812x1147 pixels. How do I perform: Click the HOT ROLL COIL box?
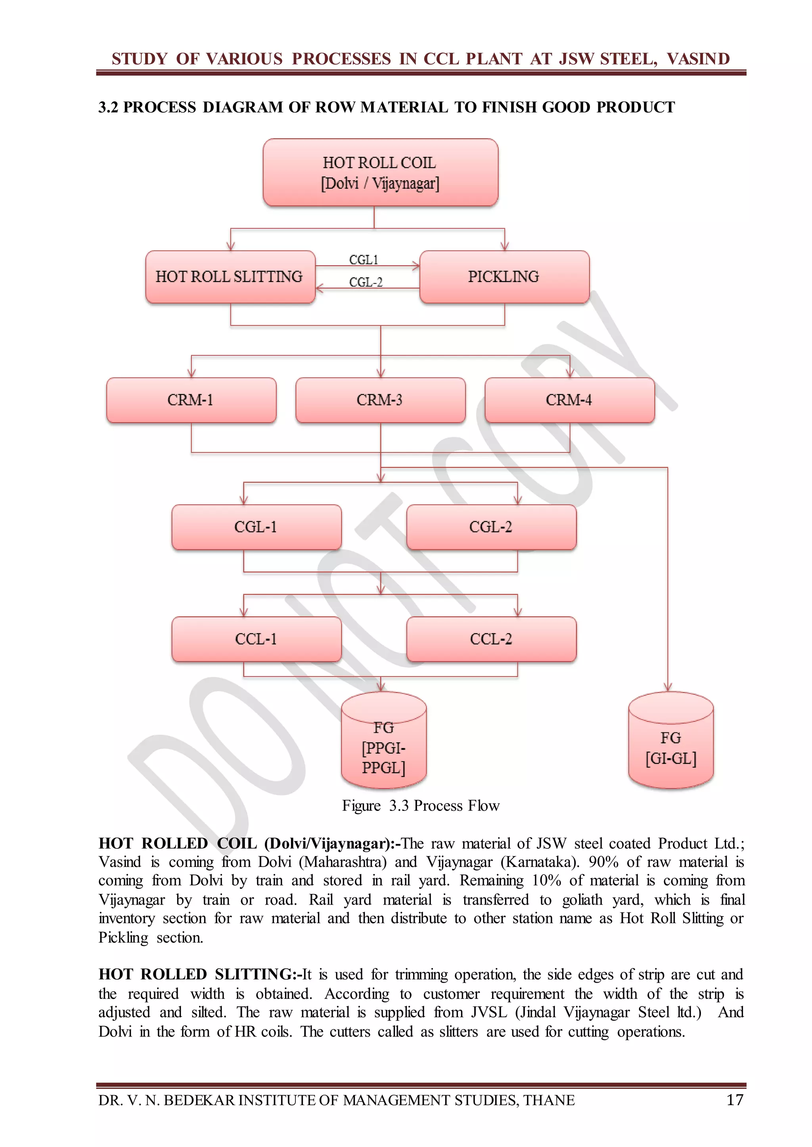pos(380,172)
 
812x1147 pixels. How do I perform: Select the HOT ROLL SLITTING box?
pos(230,277)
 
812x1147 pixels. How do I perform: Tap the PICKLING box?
pos(504,277)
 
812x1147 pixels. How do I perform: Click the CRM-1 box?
pos(191,400)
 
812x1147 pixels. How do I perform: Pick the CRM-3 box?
pos(380,400)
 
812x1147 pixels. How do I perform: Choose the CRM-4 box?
pos(569,400)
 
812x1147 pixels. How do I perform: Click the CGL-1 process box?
pos(256,527)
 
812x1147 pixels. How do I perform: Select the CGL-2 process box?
pos(491,527)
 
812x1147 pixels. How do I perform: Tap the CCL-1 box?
pos(256,639)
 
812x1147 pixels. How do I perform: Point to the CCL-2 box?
pos(491,639)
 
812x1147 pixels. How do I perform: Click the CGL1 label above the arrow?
pos(364,260)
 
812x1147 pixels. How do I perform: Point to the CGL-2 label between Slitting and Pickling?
pos(366,282)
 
